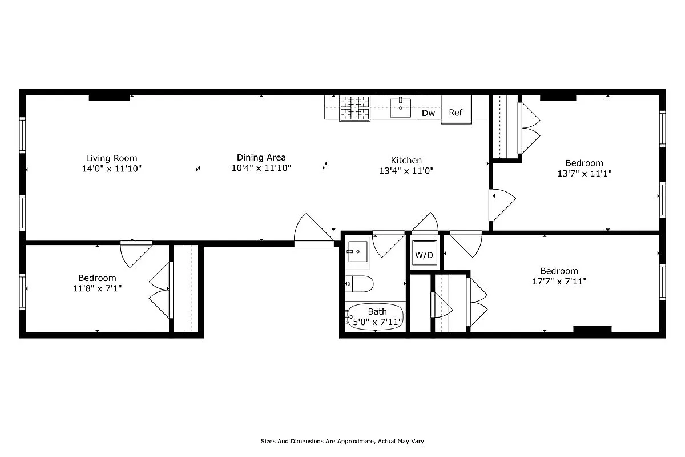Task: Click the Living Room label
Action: [111, 158]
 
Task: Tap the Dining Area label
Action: [261, 158]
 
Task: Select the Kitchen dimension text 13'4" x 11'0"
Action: [406, 170]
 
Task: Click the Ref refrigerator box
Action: [456, 113]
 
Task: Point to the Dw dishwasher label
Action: [428, 113]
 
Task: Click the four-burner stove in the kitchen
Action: [354, 108]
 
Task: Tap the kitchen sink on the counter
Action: [400, 107]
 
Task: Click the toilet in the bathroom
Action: [360, 283]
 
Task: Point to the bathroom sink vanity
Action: [358, 251]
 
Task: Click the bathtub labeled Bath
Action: [376, 316]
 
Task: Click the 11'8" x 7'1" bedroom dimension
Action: [97, 288]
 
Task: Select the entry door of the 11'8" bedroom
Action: [136, 251]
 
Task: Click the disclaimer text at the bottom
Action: [342, 441]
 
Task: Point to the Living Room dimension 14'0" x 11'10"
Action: [111, 169]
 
